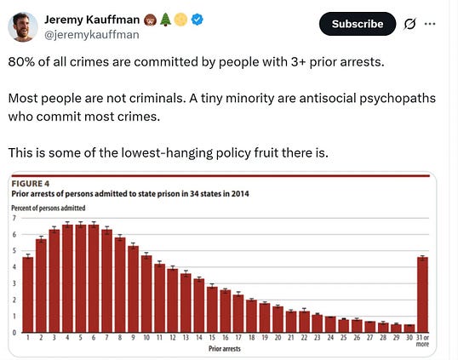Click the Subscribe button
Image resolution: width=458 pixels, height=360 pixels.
(358, 24)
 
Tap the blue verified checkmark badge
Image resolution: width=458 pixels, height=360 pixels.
(198, 20)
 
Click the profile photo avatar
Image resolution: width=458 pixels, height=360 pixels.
(22, 27)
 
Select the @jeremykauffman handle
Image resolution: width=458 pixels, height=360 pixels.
(92, 35)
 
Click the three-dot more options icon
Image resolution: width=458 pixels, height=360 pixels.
(430, 24)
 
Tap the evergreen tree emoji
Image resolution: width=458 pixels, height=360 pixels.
(166, 20)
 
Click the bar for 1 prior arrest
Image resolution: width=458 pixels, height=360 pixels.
(28, 294)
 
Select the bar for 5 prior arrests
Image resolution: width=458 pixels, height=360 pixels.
(81, 278)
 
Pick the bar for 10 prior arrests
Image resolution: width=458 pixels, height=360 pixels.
(146, 294)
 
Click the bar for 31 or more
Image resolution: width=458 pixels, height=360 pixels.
(422, 294)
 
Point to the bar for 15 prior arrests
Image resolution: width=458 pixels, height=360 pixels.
(212, 310)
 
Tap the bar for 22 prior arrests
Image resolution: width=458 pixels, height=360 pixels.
(305, 322)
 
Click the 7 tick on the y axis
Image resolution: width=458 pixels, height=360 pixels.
(14, 218)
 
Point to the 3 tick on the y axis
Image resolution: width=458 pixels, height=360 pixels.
(14, 283)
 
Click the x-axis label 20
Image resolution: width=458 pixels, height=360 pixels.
(278, 338)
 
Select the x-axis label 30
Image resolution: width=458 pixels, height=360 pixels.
(409, 338)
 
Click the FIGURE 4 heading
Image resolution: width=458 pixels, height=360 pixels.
(31, 184)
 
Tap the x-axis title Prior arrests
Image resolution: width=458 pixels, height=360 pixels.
(225, 349)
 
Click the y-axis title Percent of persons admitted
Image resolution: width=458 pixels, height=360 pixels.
(49, 208)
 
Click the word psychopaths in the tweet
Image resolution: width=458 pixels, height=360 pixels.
(398, 99)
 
